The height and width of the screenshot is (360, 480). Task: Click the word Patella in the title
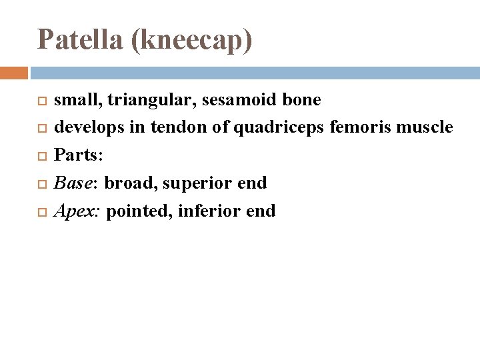pos(80,40)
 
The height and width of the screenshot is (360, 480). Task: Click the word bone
pos(301,100)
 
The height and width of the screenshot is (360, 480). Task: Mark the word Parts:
pos(79,155)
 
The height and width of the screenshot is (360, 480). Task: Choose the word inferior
pos(205,211)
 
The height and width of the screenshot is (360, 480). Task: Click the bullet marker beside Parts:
pos(43,156)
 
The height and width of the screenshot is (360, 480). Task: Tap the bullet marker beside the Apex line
pos(43,212)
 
